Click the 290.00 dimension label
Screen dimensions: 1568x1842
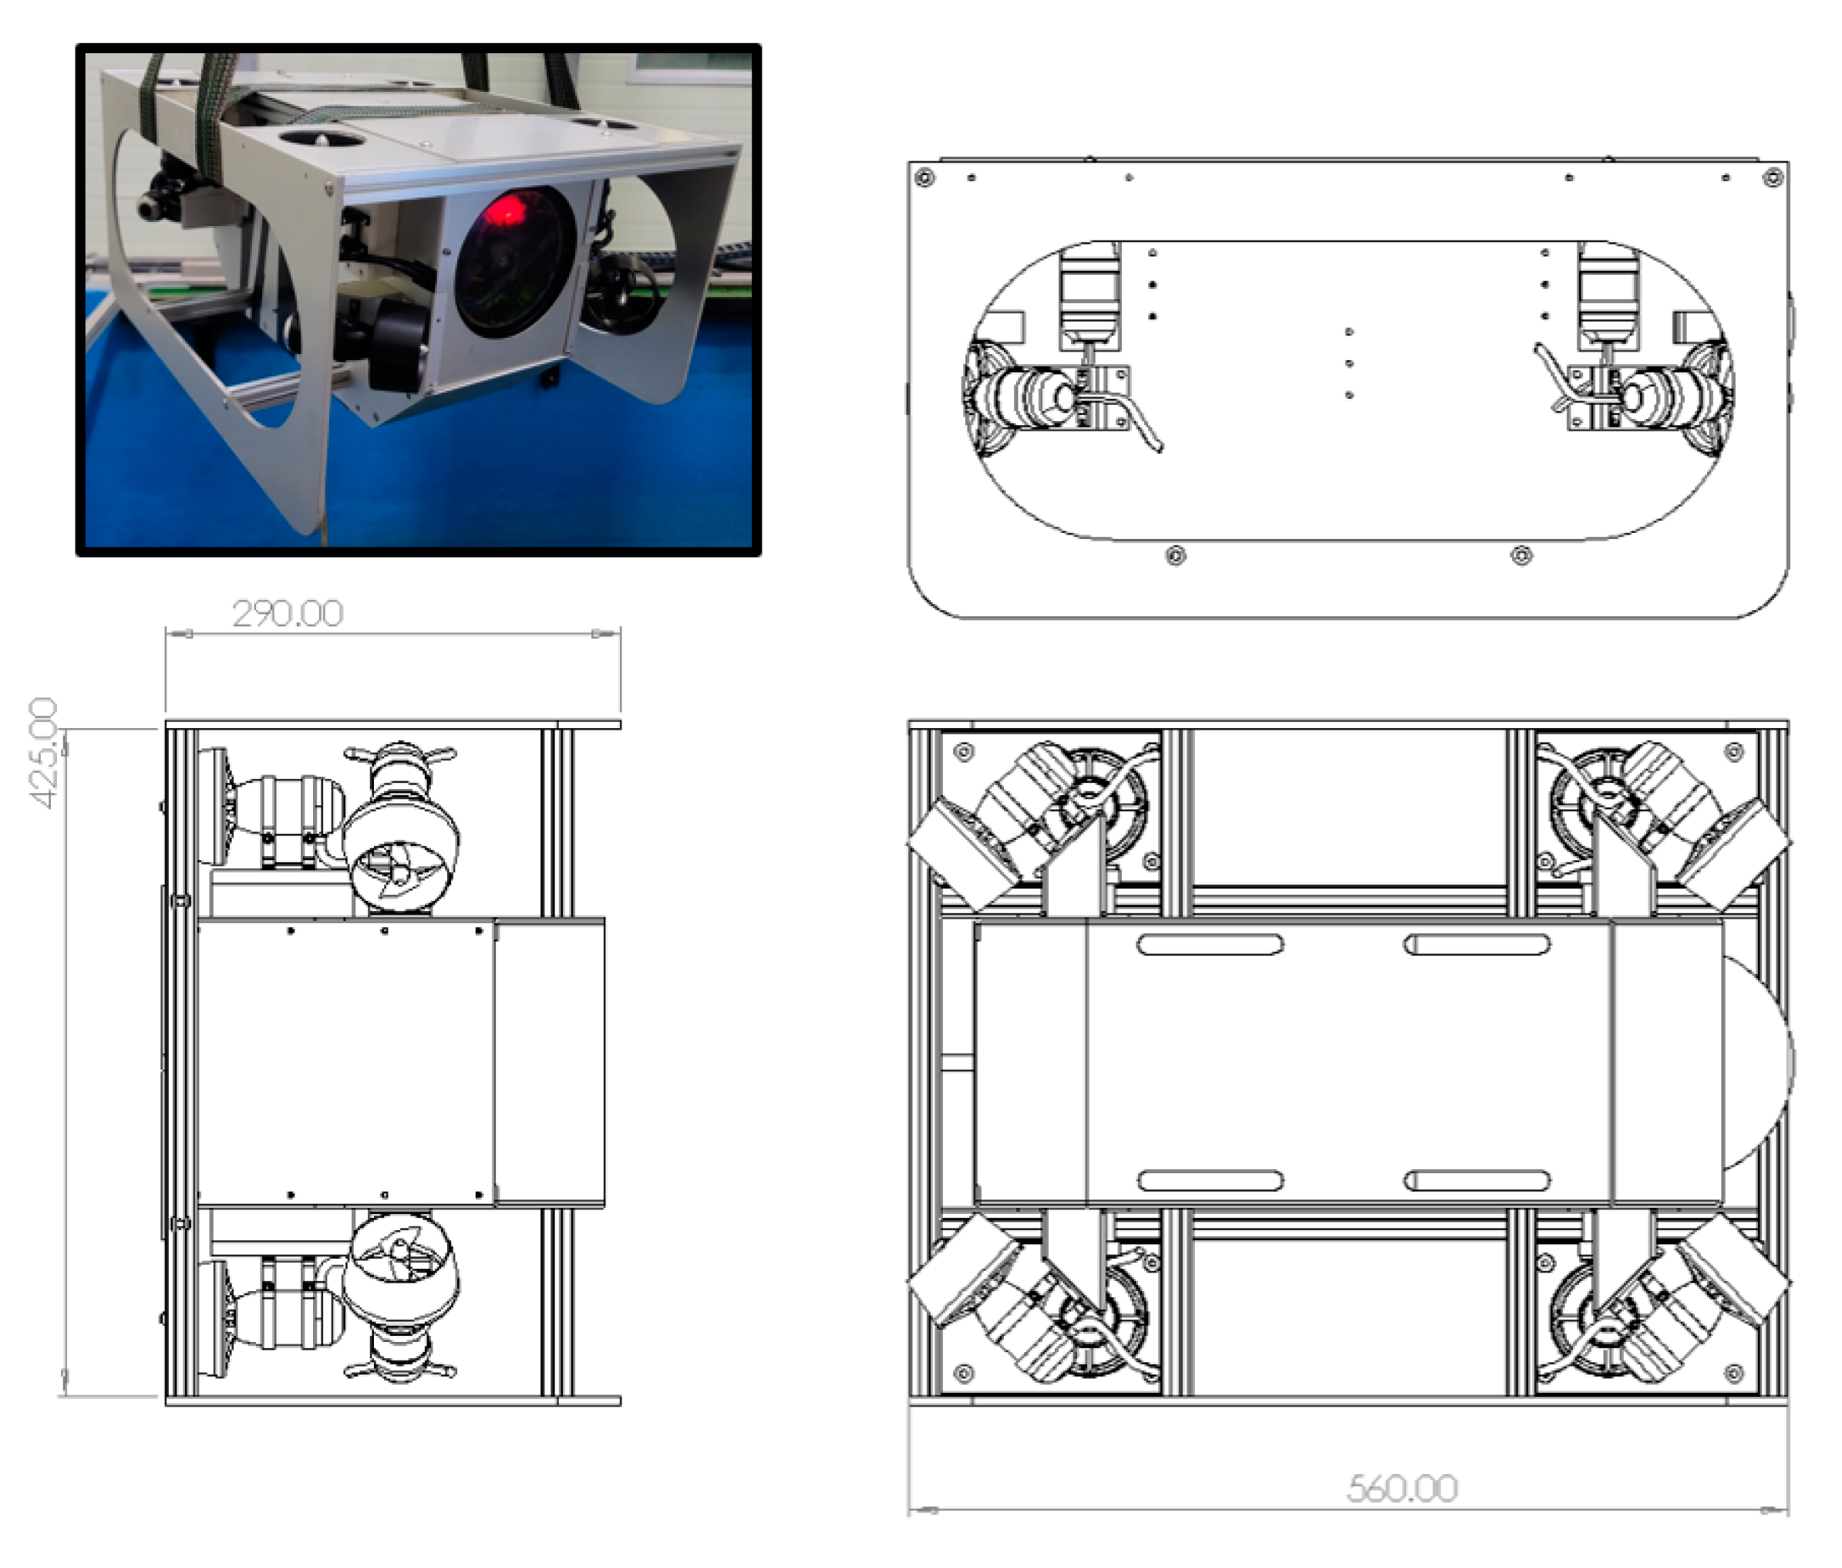287,614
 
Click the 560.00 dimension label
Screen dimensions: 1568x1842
1401,1489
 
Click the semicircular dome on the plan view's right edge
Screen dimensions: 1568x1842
1755,1062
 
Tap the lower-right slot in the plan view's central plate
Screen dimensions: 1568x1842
1476,1181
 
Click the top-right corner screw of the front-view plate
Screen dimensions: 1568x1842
1773,177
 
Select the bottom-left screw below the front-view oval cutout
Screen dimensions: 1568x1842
1175,556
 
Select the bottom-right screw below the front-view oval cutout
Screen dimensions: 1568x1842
1521,556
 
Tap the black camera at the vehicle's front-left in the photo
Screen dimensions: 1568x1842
164,191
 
